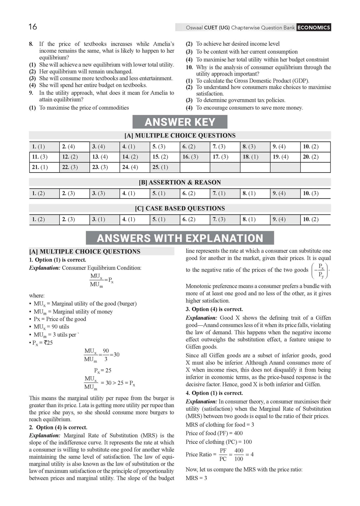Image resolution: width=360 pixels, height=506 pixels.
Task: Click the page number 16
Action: coord(33,27)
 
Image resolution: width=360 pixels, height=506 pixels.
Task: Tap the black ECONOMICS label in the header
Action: coord(313,27)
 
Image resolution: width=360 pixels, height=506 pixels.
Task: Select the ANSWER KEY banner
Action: coord(180,122)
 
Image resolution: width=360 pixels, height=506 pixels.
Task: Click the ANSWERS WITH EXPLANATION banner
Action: coord(180,238)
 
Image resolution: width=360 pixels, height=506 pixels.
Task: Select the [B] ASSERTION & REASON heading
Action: coord(180,182)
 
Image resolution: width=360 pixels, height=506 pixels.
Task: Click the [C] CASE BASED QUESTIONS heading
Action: coord(180,208)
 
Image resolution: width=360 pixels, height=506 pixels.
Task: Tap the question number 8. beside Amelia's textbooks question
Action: coord(31,44)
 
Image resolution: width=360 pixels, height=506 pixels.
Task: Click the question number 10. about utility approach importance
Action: coord(189,67)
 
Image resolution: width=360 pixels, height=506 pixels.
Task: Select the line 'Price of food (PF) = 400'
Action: coord(214,433)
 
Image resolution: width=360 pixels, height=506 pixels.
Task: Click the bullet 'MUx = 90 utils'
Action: coord(51,327)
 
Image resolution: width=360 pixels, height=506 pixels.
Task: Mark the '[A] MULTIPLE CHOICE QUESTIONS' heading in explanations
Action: coord(85,252)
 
